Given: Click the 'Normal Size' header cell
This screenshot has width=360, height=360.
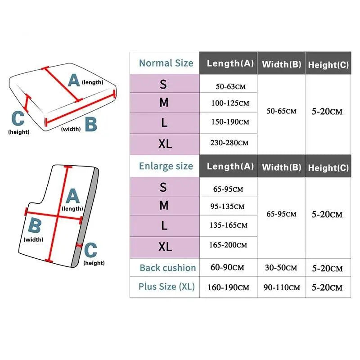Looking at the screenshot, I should click(x=166, y=63).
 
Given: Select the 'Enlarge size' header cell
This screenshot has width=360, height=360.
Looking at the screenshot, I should click(x=166, y=166).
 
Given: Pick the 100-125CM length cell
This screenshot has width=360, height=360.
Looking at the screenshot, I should click(x=230, y=103).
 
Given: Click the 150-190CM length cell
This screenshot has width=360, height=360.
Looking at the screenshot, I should click(x=230, y=122).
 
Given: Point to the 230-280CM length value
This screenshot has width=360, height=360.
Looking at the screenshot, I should click(x=230, y=143).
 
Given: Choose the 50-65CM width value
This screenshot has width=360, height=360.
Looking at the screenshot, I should click(x=281, y=111).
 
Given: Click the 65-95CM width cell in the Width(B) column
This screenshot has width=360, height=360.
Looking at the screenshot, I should click(x=281, y=214).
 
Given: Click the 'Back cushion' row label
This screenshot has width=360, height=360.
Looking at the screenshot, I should click(x=167, y=268).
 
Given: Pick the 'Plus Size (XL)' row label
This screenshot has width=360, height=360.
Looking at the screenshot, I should click(x=166, y=286).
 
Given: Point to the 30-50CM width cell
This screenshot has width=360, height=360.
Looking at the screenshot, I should click(x=281, y=268).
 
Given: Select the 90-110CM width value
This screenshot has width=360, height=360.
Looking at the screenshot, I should click(x=281, y=287).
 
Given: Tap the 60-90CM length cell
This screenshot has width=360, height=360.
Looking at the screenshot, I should click(x=227, y=267).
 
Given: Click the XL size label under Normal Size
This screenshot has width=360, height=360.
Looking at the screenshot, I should click(x=165, y=144).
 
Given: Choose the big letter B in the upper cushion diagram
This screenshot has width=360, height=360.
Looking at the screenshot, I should click(x=91, y=124).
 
